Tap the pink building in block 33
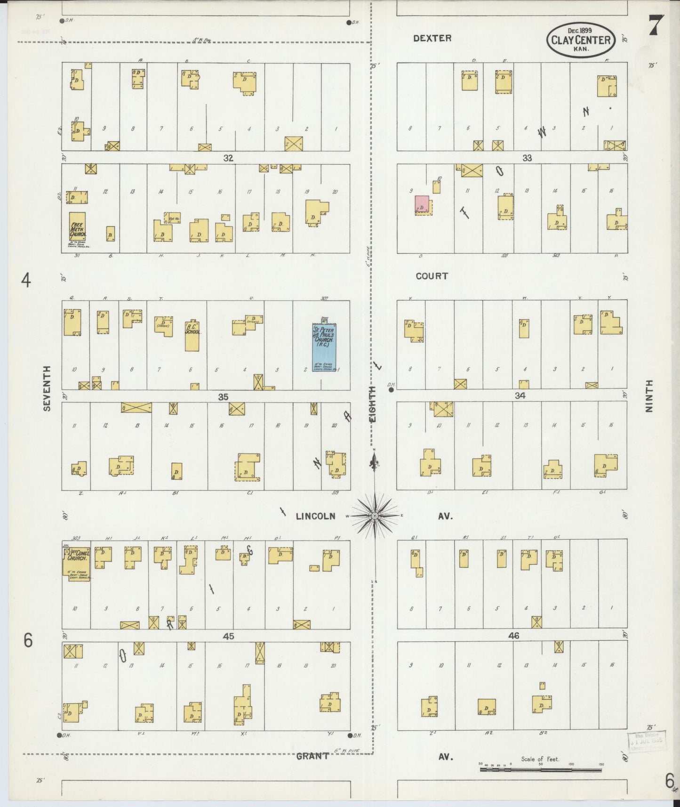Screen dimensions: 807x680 422,204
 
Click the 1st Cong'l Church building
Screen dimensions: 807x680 76,560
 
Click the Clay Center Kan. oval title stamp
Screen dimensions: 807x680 581,39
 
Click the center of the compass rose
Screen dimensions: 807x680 375,516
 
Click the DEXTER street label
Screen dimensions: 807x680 432,38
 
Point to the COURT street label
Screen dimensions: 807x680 432,276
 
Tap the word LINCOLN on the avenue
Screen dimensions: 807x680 316,516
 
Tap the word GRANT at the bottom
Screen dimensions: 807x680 312,756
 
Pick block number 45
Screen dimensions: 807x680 229,636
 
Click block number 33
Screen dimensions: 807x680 527,158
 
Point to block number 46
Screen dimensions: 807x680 513,636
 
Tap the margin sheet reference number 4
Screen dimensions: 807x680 26,281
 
